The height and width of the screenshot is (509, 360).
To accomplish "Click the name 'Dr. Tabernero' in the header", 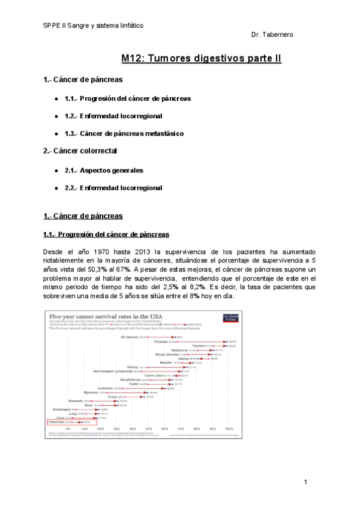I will pyautogui.click(x=272, y=35).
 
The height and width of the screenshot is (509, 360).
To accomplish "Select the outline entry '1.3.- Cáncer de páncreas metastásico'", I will pyautogui.click(x=124, y=133).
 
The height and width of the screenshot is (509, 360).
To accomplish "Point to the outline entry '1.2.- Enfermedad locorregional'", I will pyautogui.click(x=113, y=115).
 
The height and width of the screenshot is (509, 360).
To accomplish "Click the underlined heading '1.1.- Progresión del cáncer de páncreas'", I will pyautogui.click(x=106, y=234).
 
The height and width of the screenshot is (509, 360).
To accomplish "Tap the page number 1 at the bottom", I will pyautogui.click(x=305, y=482).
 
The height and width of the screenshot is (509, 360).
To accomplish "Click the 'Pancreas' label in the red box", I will pyautogui.click(x=59, y=423).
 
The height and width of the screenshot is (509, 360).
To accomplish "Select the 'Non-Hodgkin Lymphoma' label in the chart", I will pyautogui.click(x=112, y=371).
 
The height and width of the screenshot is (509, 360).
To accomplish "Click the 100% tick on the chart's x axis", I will pyautogui.click(x=229, y=430).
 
